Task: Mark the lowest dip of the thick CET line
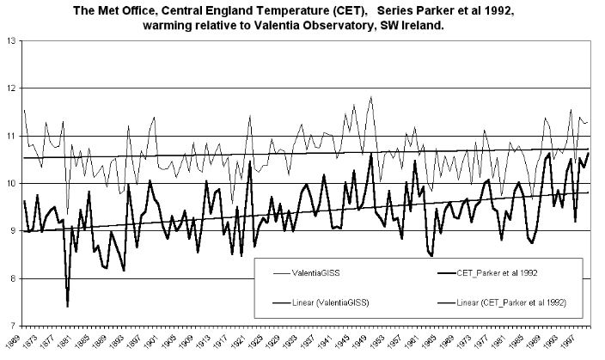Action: tap(67, 306)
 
